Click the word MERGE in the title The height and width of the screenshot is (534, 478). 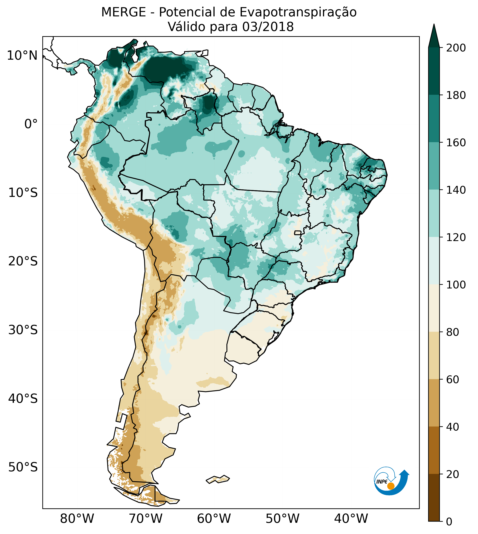pos(123,12)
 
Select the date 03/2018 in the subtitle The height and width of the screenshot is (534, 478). pos(268,27)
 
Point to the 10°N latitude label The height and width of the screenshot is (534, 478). pos(22,56)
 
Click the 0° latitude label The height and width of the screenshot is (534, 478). pos(31,124)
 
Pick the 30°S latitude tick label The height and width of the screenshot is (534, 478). pos(23,330)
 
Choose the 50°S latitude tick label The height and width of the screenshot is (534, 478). pos(23,467)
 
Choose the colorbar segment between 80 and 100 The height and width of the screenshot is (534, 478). pos(434,308)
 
